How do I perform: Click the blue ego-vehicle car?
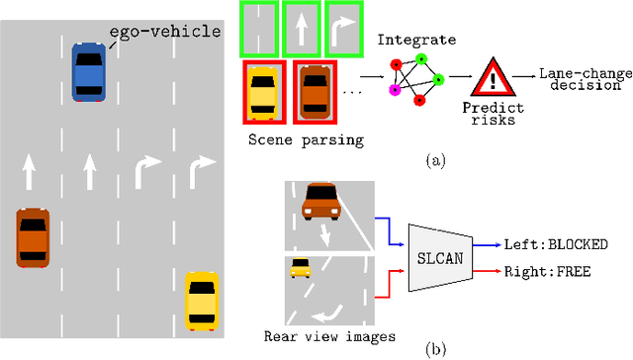point(88,71)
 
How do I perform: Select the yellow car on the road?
point(202,301)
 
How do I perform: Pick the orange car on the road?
point(33,236)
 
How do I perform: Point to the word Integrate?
point(416,41)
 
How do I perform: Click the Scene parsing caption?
point(307,139)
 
